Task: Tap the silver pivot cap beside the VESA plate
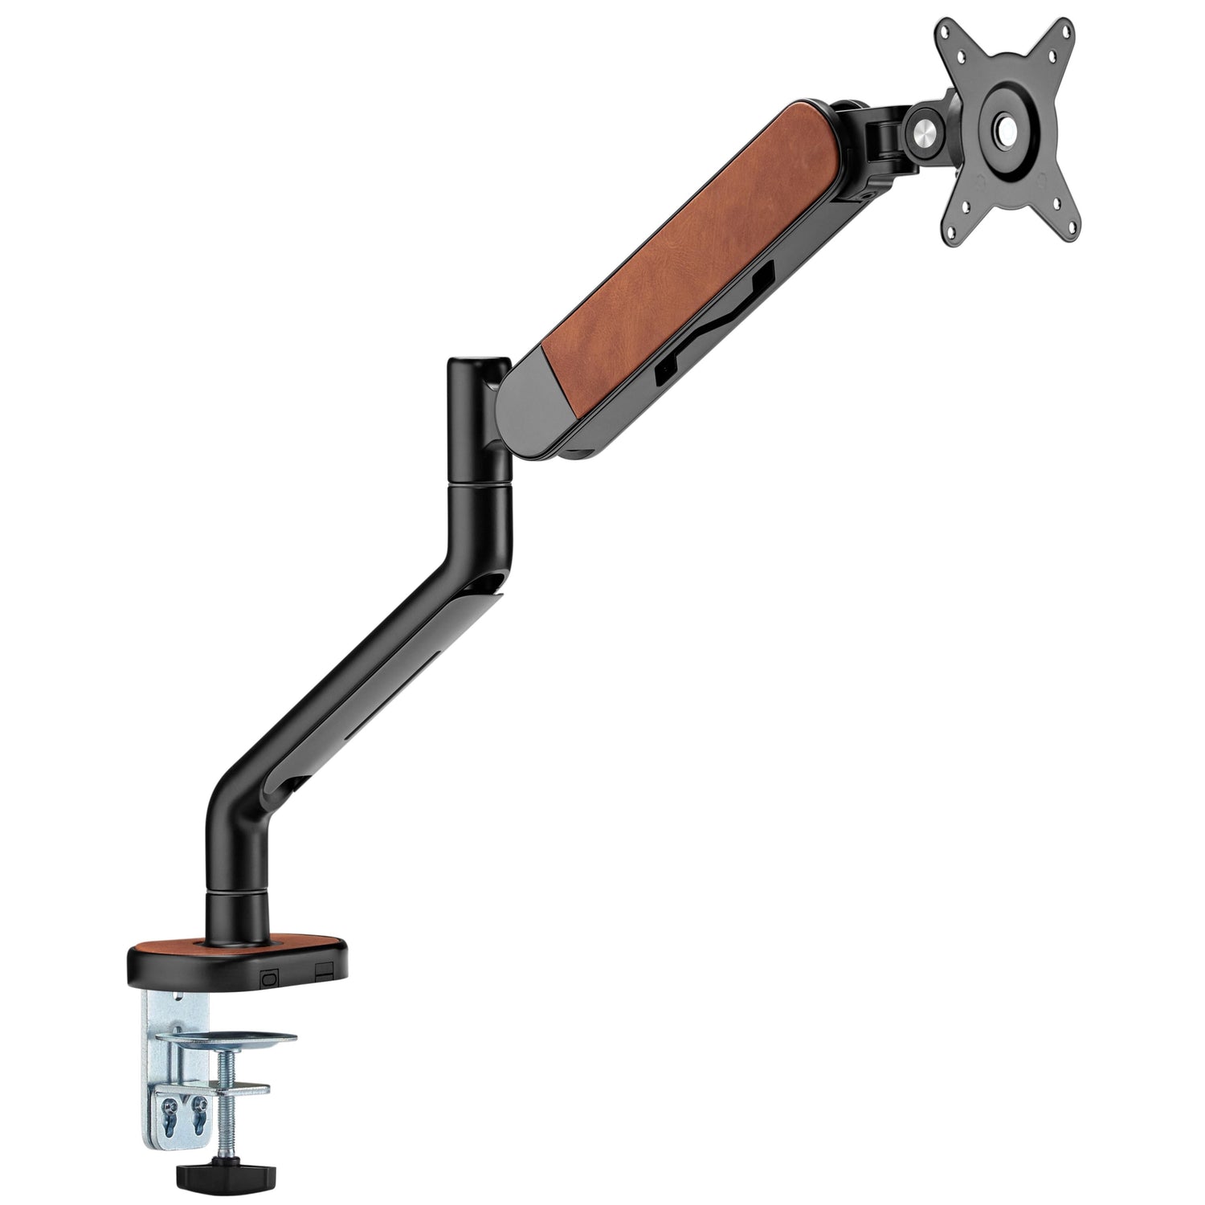pos(926,123)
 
